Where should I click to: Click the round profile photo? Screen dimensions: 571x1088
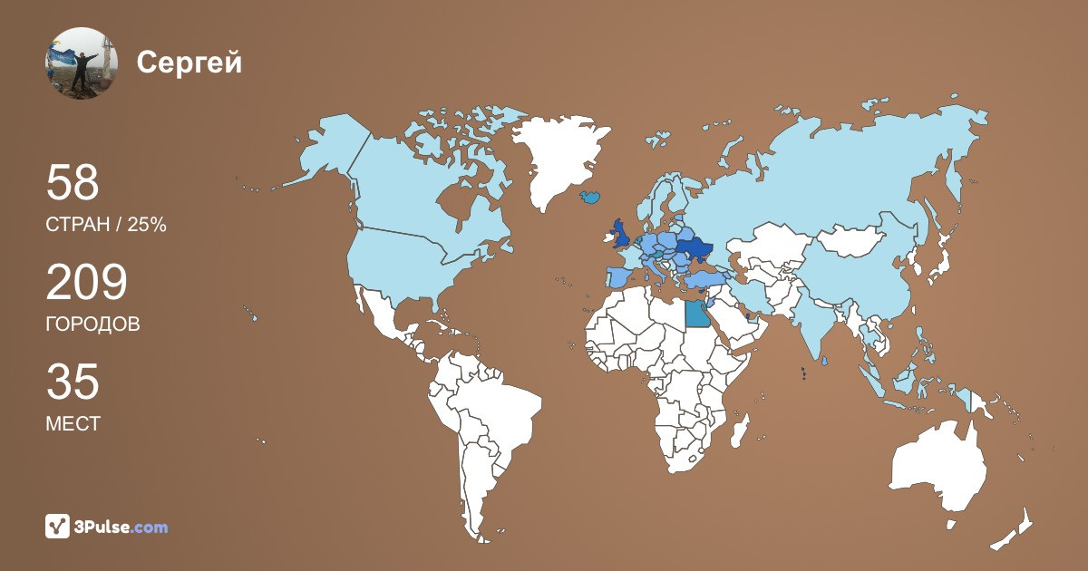(82, 63)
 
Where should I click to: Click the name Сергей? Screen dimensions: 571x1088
(189, 63)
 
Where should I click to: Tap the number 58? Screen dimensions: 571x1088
(72, 183)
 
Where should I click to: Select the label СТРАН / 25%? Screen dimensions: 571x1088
(105, 226)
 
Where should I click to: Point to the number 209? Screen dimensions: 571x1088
(86, 284)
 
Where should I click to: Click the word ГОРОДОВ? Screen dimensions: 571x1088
(92, 324)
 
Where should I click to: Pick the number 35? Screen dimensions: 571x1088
(72, 382)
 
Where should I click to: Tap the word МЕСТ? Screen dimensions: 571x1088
(73, 423)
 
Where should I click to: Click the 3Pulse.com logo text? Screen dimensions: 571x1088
(121, 527)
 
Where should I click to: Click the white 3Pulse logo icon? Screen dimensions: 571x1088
(57, 526)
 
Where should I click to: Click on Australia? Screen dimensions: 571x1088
(938, 467)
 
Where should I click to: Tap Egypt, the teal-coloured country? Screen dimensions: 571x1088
(696, 314)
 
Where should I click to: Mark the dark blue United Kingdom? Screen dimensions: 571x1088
(622, 233)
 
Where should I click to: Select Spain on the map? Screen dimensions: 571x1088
(617, 276)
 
